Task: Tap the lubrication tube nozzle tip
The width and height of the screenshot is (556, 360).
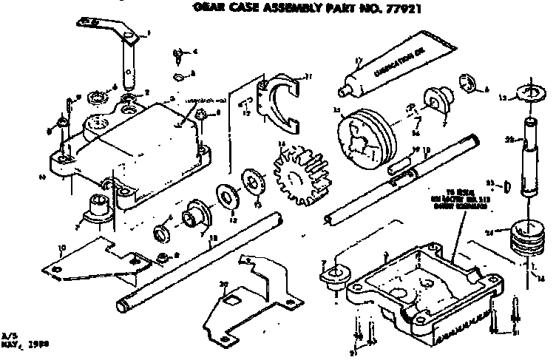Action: tap(342, 92)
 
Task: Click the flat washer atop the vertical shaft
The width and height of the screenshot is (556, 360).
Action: tap(529, 92)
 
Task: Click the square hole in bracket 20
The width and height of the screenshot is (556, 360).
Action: tap(231, 299)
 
